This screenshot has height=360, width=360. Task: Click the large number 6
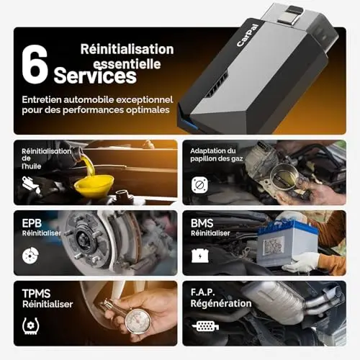[x=35, y=64]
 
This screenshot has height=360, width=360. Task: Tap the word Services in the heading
[x=95, y=76]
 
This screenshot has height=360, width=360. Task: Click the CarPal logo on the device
[x=248, y=35]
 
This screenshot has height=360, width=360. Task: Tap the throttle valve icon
[x=199, y=185]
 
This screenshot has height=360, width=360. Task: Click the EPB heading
[x=32, y=223]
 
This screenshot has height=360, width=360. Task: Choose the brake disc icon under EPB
[x=30, y=256]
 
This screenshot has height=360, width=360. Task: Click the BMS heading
[x=202, y=223]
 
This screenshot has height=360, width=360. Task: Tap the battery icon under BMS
[x=200, y=256]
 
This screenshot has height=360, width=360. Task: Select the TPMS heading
[x=36, y=294]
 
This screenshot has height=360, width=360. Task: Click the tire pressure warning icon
[x=30, y=325]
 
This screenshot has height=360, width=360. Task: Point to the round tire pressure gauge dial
[x=138, y=321]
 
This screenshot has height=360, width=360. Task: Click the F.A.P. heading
[x=202, y=292]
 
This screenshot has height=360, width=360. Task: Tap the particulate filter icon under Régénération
[x=205, y=326]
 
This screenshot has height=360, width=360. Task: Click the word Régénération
[x=221, y=303]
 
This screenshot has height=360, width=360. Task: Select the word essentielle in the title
[x=127, y=64]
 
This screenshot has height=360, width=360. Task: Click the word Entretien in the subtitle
[x=41, y=99]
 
